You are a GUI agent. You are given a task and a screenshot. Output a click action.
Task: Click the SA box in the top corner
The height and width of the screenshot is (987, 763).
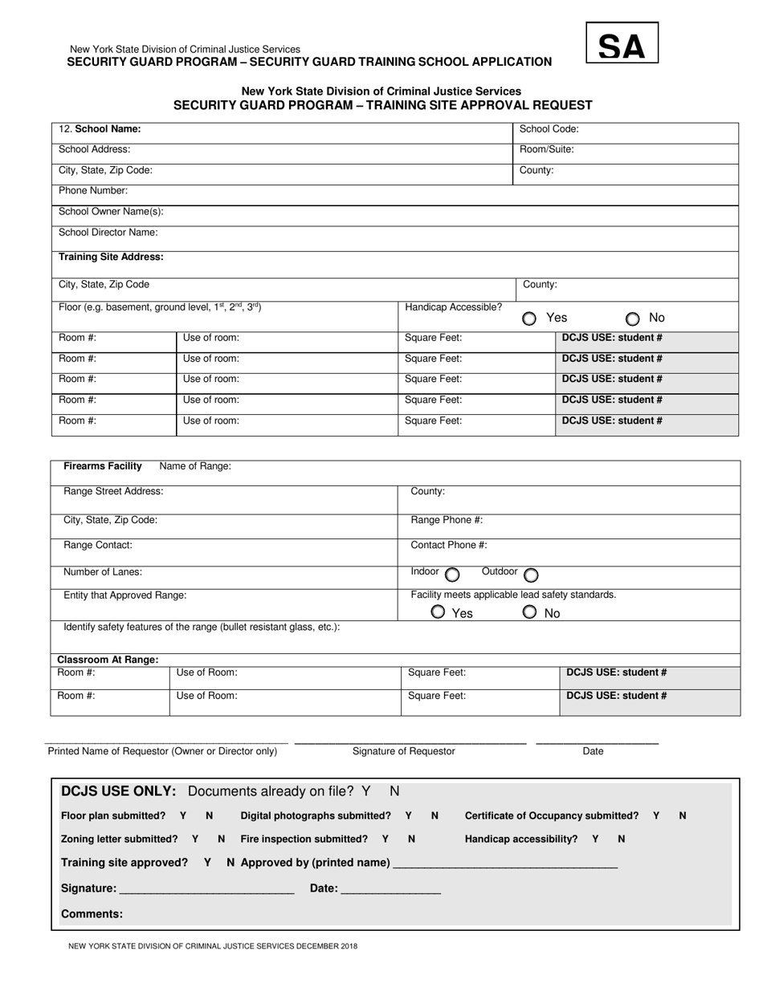click(622, 43)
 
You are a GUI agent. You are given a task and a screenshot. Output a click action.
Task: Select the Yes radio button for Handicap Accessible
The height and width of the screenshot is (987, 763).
click(529, 319)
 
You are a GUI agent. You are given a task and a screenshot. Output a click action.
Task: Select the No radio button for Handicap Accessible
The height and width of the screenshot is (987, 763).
click(633, 319)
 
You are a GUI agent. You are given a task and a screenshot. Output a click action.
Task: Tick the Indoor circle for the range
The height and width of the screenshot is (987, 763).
click(452, 575)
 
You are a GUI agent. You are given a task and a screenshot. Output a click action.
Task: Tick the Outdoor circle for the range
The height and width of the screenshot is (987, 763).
click(531, 575)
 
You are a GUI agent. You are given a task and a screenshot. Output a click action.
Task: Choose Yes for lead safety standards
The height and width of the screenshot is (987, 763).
click(438, 612)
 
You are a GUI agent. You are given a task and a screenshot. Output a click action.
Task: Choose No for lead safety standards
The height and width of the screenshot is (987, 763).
click(529, 612)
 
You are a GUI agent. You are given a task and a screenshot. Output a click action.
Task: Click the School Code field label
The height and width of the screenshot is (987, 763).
click(549, 128)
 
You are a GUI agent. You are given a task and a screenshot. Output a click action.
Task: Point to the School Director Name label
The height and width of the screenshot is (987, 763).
click(108, 233)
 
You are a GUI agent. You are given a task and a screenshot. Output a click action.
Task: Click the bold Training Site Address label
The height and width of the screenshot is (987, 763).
click(111, 257)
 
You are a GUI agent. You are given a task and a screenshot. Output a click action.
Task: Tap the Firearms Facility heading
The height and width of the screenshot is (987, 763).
click(103, 466)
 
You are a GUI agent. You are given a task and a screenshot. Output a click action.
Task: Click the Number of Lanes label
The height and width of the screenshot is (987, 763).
click(103, 572)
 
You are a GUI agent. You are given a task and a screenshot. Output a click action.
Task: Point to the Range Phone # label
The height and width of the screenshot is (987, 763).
click(447, 520)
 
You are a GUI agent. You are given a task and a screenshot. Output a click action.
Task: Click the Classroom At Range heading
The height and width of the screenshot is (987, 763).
click(108, 660)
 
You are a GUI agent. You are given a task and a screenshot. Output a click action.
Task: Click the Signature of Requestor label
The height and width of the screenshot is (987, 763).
click(403, 751)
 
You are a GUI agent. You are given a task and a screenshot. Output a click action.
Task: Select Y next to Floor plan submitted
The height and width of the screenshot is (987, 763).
click(183, 815)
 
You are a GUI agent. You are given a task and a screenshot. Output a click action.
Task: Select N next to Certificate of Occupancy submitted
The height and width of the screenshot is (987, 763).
click(682, 815)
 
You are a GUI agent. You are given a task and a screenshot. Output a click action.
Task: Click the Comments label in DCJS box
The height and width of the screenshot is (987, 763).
click(92, 914)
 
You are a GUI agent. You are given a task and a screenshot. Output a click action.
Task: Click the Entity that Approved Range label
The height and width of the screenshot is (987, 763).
click(125, 595)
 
